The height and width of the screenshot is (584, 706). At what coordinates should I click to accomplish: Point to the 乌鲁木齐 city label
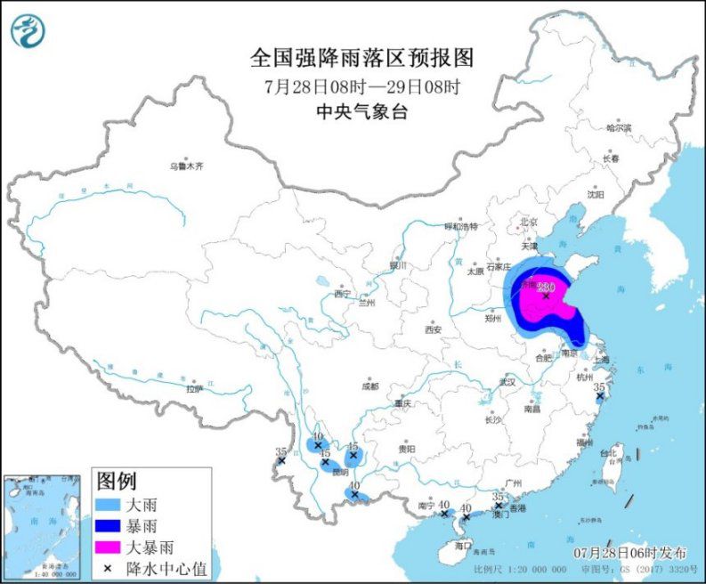tap(187, 166)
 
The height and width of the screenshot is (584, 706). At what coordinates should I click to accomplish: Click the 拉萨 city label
tap(194, 389)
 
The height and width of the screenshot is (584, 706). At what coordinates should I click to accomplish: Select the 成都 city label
tap(370, 386)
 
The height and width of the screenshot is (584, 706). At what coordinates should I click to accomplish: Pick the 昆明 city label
tap(339, 472)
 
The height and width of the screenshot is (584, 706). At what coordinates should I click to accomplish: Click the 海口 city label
tap(462, 544)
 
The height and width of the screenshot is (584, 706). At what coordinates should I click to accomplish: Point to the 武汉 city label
tap(508, 381)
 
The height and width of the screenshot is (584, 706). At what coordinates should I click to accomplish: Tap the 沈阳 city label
tap(596, 193)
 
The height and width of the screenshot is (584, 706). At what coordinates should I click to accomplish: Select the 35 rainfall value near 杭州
tap(599, 387)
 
